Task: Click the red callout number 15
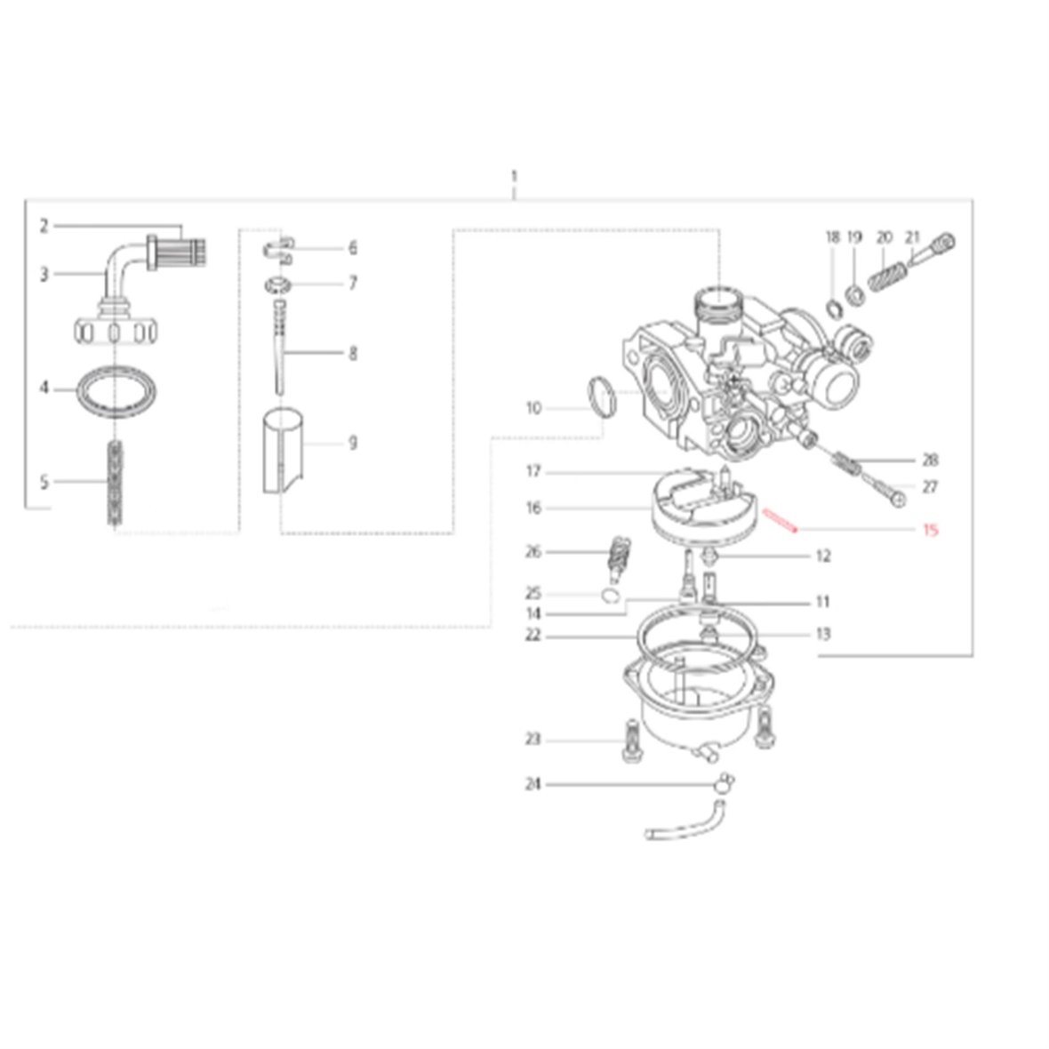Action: pyautogui.click(x=930, y=531)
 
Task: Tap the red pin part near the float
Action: pyautogui.click(x=781, y=520)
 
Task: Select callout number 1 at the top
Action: pyautogui.click(x=514, y=177)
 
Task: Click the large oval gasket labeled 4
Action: pyautogui.click(x=118, y=390)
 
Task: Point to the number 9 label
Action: pyautogui.click(x=353, y=443)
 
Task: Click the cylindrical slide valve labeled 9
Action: pyautogui.click(x=283, y=450)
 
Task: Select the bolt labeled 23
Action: pyautogui.click(x=632, y=741)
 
